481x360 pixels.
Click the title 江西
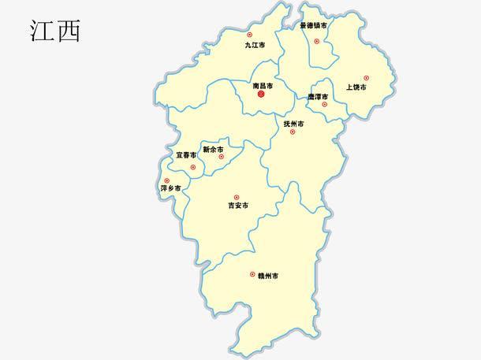(54, 31)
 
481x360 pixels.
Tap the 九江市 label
(255, 46)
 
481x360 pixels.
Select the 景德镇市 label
(314, 25)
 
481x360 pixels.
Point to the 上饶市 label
(356, 87)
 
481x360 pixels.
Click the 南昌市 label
(263, 85)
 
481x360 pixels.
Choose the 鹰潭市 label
(318, 97)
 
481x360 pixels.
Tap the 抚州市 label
(294, 124)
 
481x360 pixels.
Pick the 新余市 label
(213, 149)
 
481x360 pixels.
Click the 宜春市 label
(187, 155)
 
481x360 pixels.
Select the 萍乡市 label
(171, 189)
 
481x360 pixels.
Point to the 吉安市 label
(237, 206)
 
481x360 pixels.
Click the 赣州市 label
(267, 275)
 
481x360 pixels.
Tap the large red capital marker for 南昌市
(262, 95)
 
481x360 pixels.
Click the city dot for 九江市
(250, 35)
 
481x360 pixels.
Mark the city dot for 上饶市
(366, 78)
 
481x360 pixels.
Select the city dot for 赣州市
(252, 274)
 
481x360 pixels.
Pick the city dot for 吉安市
(236, 197)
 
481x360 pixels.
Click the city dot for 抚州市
(293, 132)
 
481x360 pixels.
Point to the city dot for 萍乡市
(166, 180)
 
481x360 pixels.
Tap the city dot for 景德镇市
(317, 41)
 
